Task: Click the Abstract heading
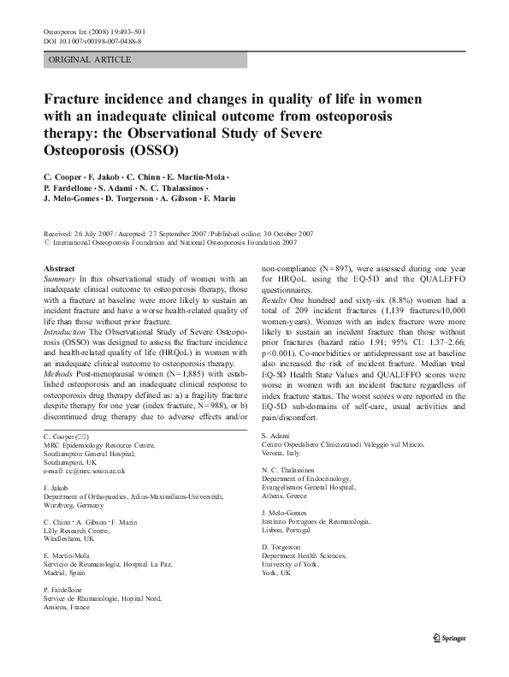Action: [59, 268]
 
